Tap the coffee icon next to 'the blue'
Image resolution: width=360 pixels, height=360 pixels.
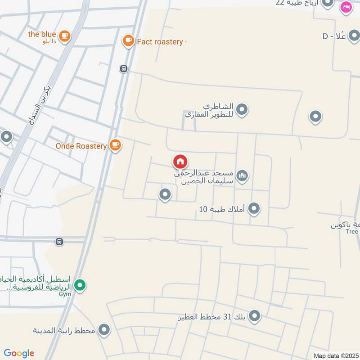65,36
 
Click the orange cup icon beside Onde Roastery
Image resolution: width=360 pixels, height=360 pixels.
116,145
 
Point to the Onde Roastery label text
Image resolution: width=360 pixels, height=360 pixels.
81,146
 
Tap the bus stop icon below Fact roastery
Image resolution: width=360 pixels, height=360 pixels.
124,69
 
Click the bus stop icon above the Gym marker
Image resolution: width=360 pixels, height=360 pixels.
59,242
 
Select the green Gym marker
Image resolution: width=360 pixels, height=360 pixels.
80,285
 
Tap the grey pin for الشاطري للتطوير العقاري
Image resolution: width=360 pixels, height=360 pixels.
242,109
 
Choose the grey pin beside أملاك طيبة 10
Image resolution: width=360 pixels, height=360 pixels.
254,208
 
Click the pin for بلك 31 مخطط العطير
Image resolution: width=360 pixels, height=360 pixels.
254,316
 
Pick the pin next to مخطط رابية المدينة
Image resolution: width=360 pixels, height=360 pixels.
104,330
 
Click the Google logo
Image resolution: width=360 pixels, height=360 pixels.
19,353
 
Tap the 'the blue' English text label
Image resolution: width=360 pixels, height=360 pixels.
42,34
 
